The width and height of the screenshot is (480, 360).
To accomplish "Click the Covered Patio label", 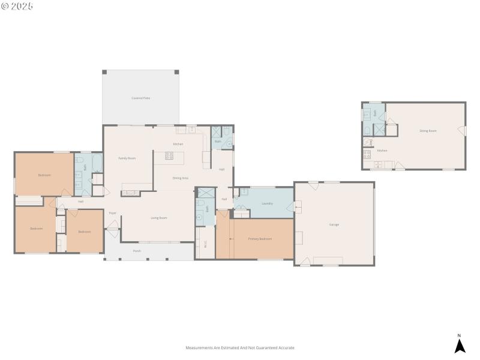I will click(x=141, y=98).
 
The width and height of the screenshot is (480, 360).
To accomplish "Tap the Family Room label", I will click(x=127, y=158).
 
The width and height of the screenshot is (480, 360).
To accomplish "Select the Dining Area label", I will click(x=181, y=178).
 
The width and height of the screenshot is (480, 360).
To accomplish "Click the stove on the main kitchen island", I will click(x=169, y=155).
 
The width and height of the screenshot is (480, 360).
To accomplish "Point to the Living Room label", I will click(x=158, y=218).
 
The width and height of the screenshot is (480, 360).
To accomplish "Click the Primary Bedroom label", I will click(x=260, y=239).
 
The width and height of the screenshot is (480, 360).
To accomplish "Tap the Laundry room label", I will click(x=267, y=203).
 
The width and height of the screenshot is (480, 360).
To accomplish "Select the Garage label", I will click(x=334, y=224).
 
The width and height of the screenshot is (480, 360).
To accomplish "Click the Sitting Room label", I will click(x=427, y=130).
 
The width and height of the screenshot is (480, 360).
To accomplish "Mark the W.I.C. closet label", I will click(x=205, y=244).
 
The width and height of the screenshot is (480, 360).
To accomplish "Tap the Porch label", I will click(x=137, y=251).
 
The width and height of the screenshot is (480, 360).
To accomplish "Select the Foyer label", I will click(x=112, y=213).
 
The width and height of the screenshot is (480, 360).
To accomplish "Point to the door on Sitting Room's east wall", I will click(x=462, y=130).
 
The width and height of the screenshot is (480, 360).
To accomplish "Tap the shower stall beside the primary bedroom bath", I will click(x=206, y=193).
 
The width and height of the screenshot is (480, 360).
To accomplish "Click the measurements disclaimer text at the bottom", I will click(x=240, y=347).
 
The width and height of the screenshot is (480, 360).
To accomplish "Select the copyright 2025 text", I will click(x=17, y=5).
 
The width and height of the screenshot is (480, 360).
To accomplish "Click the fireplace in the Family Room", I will click(x=131, y=193).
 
